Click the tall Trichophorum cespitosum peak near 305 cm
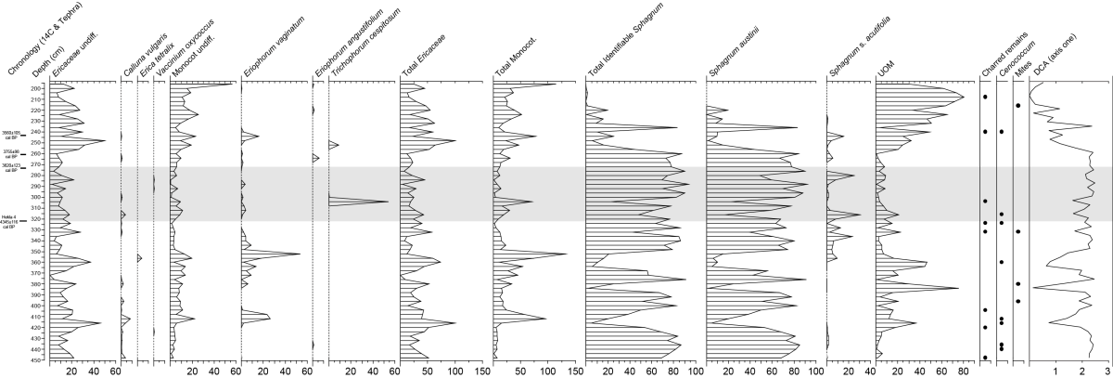coord(387,202)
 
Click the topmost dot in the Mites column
coord(1018,105)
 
